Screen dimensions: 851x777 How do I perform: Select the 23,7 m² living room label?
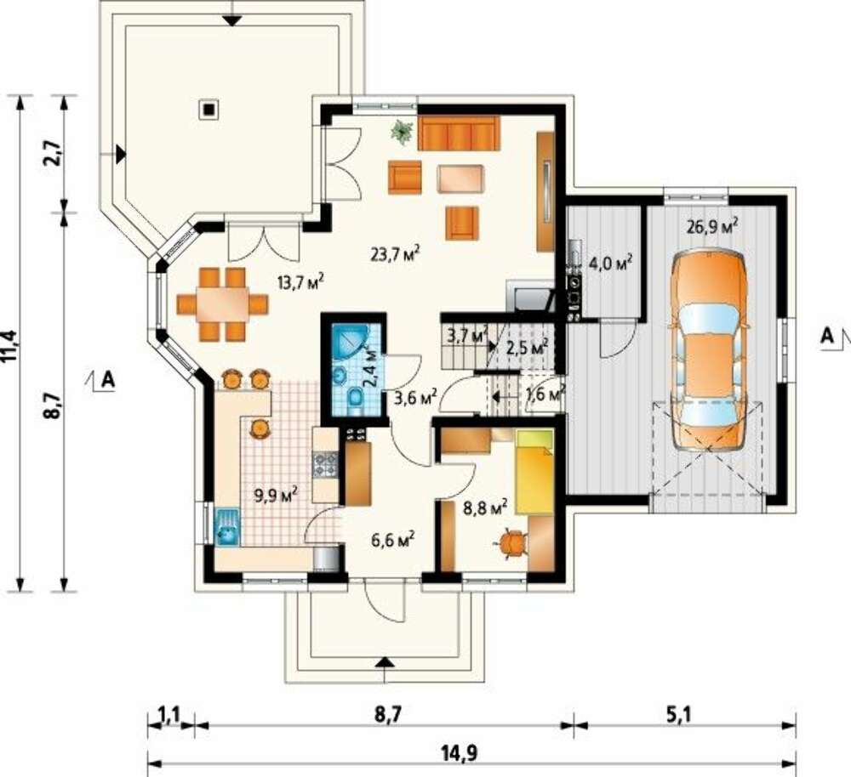pos(396,253)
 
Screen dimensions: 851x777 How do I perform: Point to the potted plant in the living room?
pos(403,132)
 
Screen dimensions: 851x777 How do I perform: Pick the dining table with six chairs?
pos(222,304)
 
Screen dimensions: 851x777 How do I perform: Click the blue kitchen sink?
pos(227,526)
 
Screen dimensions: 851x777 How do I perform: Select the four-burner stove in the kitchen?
pos(326,464)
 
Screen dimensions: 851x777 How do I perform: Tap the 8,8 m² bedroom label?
pos(485,508)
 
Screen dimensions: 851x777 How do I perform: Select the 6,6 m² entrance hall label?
pos(393,540)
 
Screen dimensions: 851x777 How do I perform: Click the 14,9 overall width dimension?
pos(468,752)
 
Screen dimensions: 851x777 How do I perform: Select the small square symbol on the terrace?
pos(208,109)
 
